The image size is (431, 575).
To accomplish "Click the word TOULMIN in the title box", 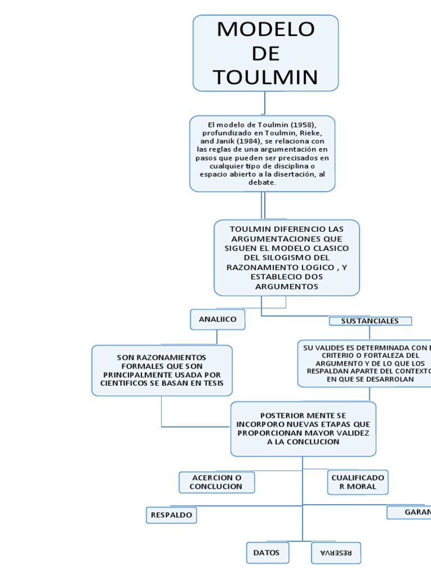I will click(265, 76).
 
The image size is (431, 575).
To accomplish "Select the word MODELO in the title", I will click(265, 29).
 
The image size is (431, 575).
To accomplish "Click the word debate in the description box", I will click(262, 182).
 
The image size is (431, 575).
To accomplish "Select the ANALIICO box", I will click(217, 319).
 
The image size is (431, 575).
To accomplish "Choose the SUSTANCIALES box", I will click(370, 321).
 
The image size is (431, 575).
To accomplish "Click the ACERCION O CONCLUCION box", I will click(217, 482).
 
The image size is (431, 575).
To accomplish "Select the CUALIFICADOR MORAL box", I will click(357, 482).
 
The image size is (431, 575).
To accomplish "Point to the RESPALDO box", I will click(172, 514).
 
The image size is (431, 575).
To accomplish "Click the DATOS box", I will click(267, 553).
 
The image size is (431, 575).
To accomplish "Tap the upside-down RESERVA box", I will click(336, 553).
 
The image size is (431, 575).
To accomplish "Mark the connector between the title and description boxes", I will click(264, 103).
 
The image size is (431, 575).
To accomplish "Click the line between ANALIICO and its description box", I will click(217, 337).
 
